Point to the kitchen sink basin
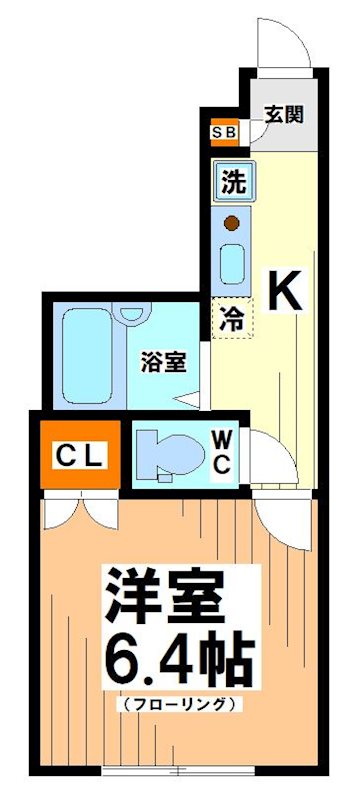(232, 263)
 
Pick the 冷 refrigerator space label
(231, 319)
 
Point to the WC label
(221, 451)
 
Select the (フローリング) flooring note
(179, 703)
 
